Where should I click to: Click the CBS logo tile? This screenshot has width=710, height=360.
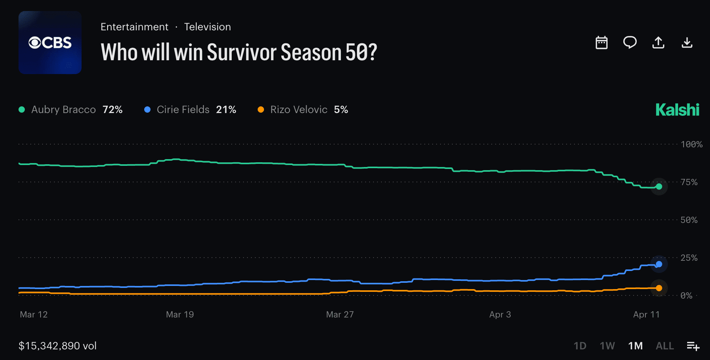[50, 43]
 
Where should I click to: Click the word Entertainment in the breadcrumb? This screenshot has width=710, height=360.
[134, 27]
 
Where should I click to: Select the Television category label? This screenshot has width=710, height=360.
[207, 27]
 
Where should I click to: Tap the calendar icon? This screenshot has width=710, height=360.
[601, 43]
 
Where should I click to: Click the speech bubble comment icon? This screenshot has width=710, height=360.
[630, 42]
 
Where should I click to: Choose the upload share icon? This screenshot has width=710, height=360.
[658, 43]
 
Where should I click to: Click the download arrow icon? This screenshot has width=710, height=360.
[687, 43]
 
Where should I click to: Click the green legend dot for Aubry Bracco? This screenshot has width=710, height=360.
[22, 109]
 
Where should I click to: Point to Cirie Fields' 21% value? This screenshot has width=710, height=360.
[226, 109]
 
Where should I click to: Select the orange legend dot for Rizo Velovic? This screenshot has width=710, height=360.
[261, 109]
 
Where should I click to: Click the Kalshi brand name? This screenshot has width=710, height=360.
[677, 110]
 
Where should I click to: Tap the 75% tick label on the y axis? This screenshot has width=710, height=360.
[689, 182]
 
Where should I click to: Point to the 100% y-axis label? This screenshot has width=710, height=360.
[691, 145]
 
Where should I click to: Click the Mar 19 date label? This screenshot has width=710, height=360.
[180, 314]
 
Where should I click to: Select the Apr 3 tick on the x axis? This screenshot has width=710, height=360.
[500, 314]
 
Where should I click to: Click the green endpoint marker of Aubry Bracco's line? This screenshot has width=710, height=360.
[659, 187]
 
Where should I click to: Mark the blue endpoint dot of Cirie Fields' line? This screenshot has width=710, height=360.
[659, 264]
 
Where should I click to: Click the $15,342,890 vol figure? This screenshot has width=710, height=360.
[58, 346]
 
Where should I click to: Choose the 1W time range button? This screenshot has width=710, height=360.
[607, 346]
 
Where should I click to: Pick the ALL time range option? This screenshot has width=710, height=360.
[665, 346]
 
